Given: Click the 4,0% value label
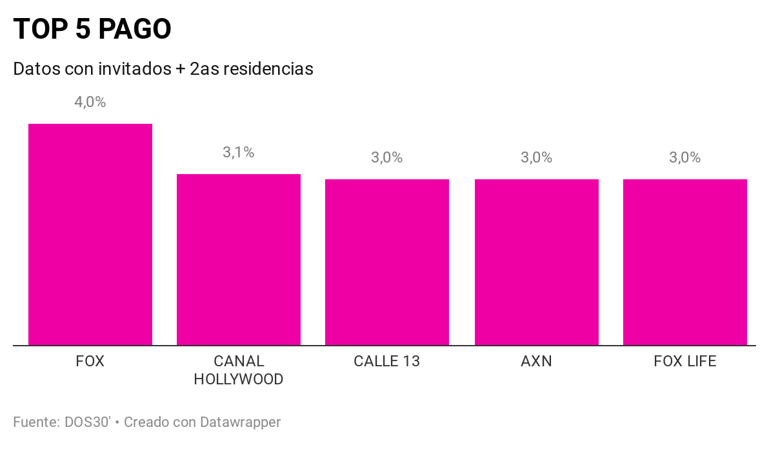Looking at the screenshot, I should (90, 102).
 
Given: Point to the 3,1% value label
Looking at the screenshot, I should (239, 152).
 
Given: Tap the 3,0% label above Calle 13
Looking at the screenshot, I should (387, 157).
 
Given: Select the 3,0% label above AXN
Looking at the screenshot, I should (537, 157).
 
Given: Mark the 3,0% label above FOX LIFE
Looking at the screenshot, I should (685, 157).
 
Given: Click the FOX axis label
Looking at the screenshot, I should (90, 361).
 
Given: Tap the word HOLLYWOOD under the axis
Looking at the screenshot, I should (239, 379).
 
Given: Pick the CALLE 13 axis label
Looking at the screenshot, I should (387, 361).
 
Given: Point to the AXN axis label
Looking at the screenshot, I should (537, 361).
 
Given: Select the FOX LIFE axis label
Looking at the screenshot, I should (685, 361).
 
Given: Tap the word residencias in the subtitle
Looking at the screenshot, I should (268, 68).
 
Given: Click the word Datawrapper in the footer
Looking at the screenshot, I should (240, 422).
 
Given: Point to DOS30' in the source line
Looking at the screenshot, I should (88, 422).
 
